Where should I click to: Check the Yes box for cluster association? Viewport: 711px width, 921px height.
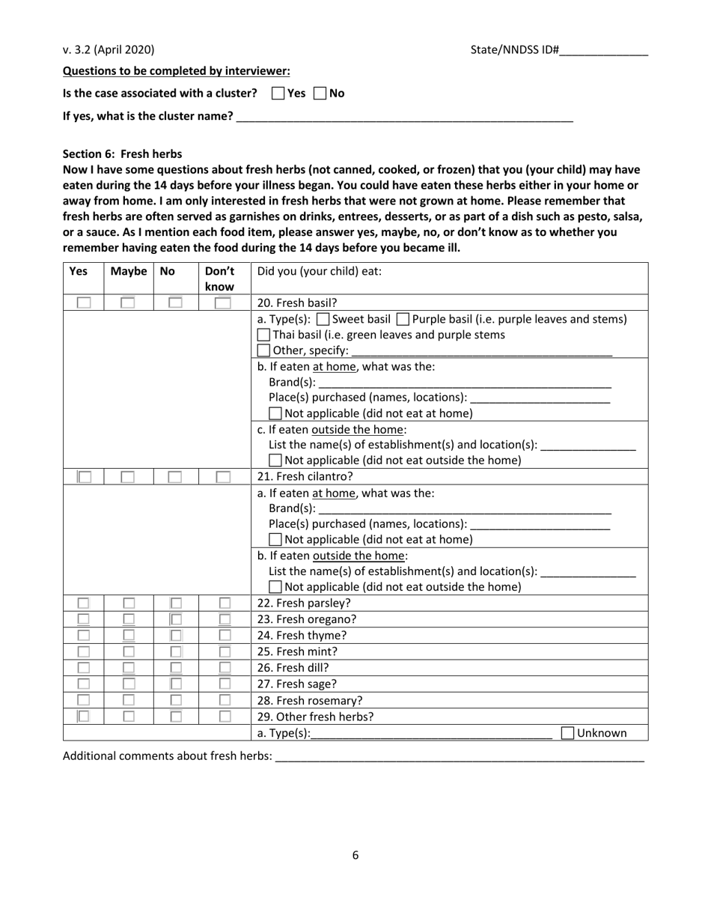(278, 94)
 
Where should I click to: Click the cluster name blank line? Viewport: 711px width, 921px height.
(404, 117)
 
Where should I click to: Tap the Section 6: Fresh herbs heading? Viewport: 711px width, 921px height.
(122, 153)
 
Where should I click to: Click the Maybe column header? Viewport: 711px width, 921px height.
(128, 272)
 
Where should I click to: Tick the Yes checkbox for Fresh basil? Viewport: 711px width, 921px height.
(84, 303)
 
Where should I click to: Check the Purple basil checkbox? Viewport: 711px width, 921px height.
(403, 320)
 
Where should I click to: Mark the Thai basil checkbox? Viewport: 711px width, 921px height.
(263, 335)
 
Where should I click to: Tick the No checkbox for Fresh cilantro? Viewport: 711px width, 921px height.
(175, 477)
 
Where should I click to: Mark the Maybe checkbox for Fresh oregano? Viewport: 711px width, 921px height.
(129, 619)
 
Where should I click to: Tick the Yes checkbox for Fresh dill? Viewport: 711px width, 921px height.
(84, 668)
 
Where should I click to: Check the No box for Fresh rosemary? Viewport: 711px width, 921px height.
(175, 701)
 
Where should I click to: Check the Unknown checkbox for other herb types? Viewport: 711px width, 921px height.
(567, 734)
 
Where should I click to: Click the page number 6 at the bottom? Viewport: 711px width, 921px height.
(355, 855)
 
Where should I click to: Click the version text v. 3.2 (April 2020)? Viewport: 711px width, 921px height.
(109, 50)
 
